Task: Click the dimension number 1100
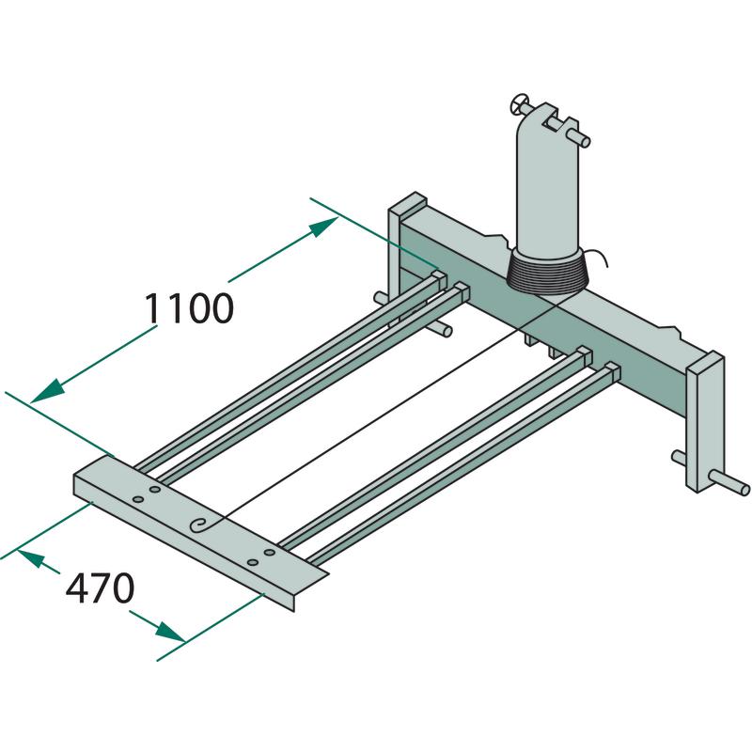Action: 189,308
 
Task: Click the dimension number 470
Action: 100,588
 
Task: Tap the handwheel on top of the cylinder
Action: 519,103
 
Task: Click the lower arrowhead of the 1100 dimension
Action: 47,391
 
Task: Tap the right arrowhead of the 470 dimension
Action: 170,632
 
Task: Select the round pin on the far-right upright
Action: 727,482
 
